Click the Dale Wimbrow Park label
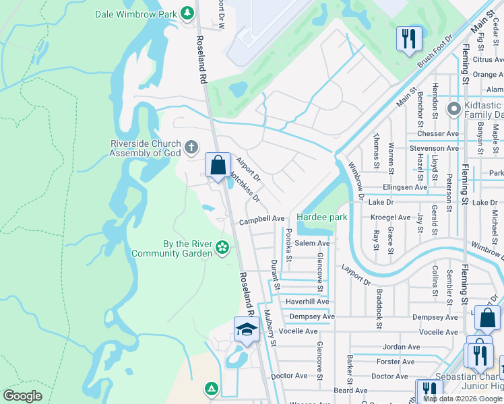[x=135, y=13]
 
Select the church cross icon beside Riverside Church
[x=191, y=147]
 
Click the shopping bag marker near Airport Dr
[x=218, y=165]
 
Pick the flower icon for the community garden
[x=222, y=248]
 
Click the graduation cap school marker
[x=247, y=330]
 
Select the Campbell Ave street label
[x=262, y=219]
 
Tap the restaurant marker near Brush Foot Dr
[x=409, y=38]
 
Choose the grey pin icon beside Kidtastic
[x=453, y=108]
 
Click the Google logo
[x=23, y=395]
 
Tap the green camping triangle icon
[x=211, y=388]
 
